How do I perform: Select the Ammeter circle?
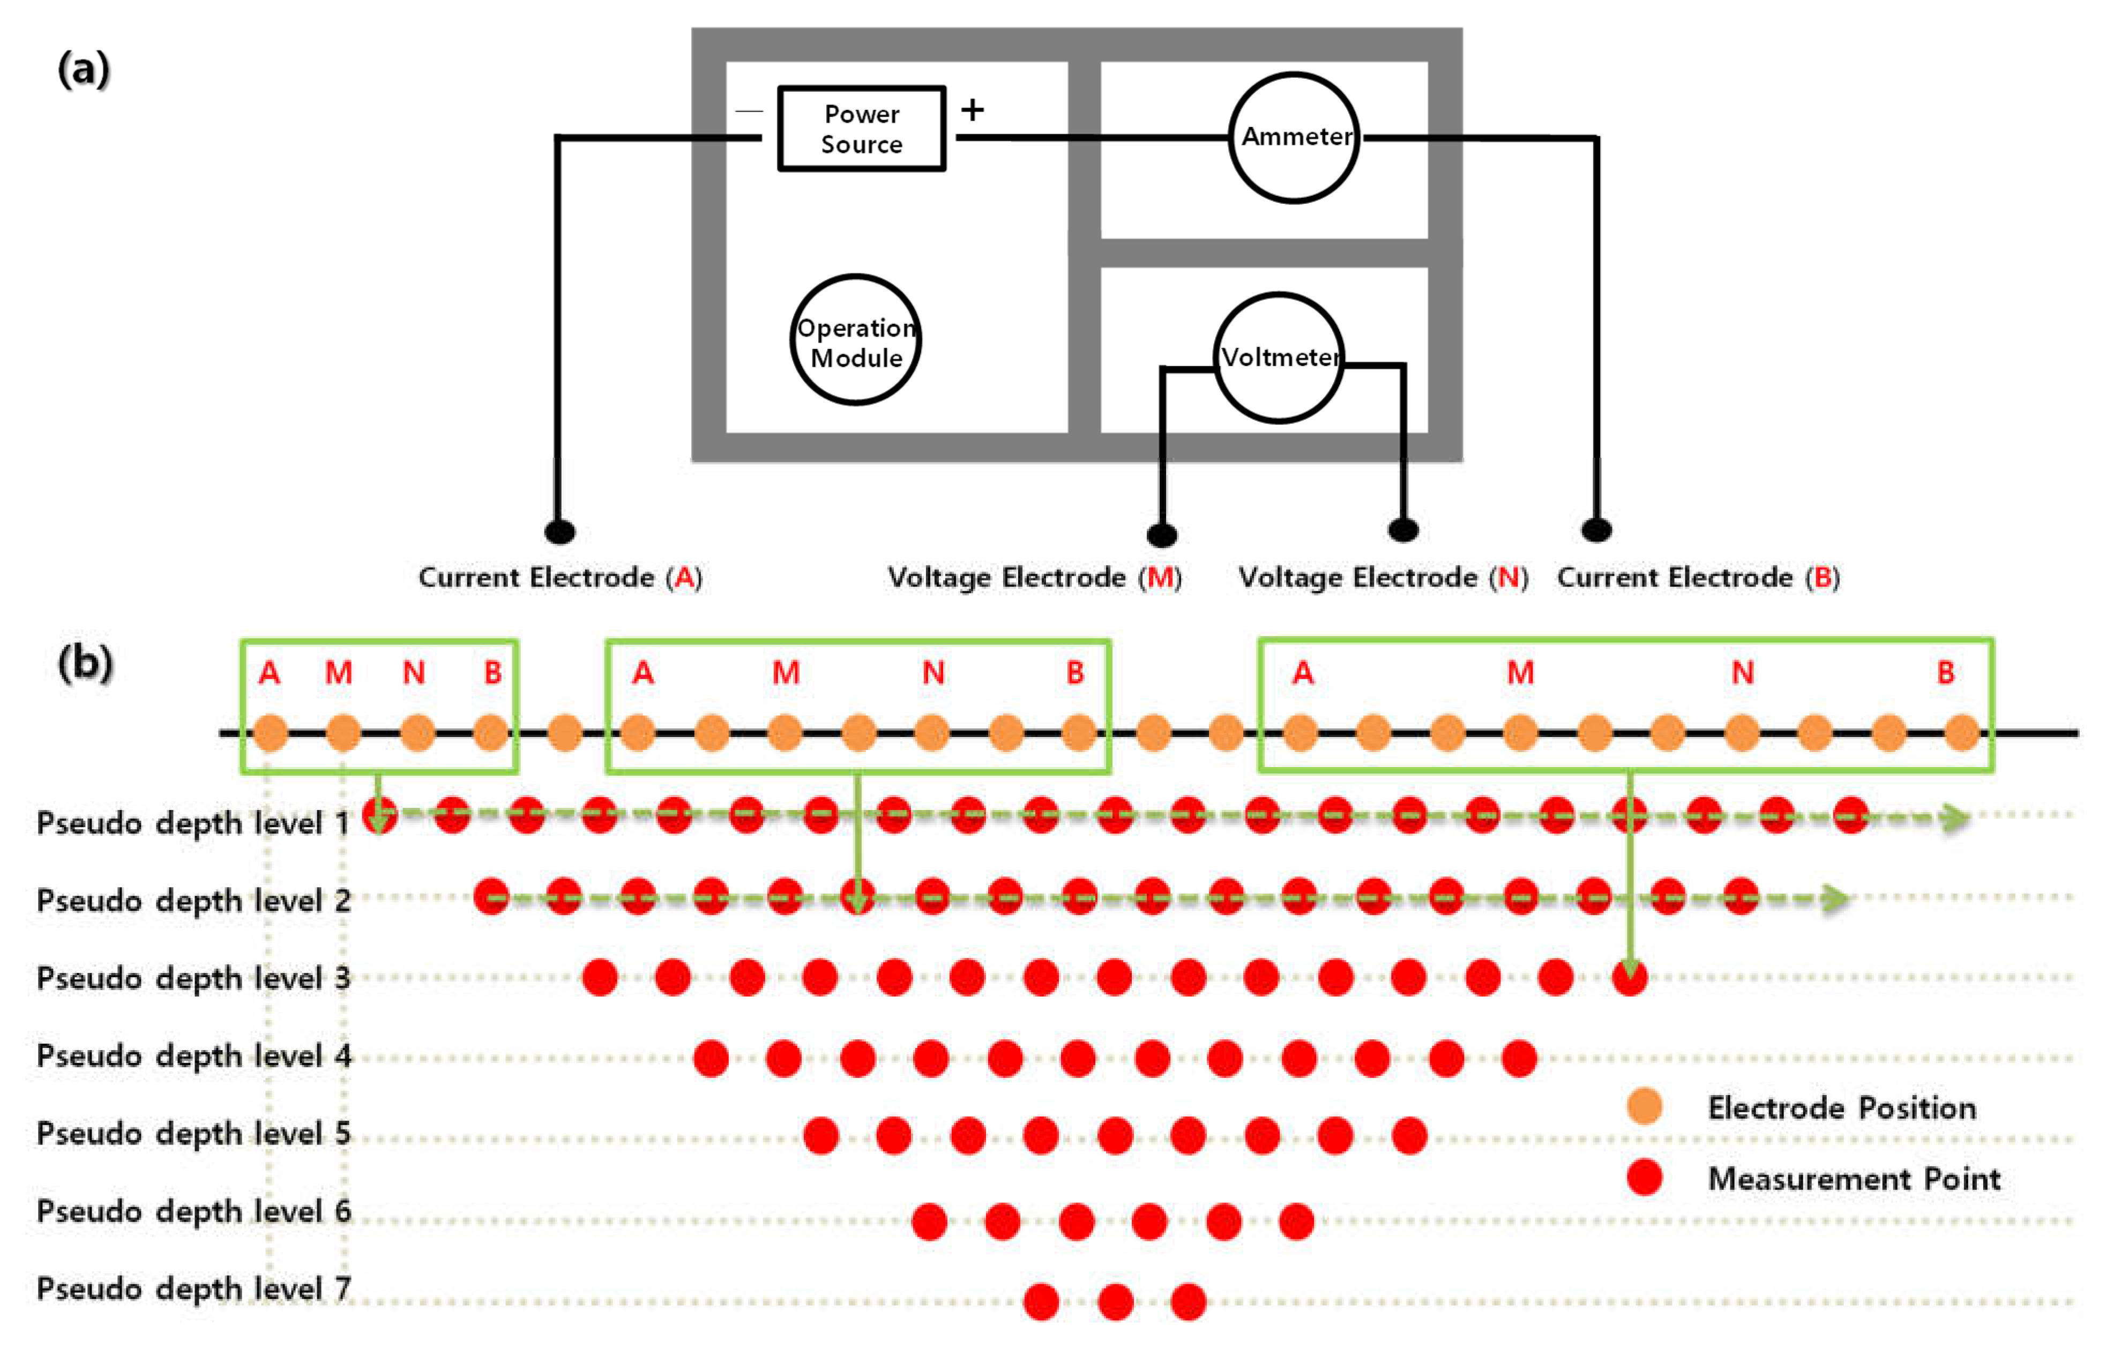pyautogui.click(x=1294, y=137)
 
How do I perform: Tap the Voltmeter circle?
pyautogui.click(x=1279, y=358)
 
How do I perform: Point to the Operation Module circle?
pyautogui.click(x=855, y=340)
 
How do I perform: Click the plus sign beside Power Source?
pyautogui.click(x=972, y=110)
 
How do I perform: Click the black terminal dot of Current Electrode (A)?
pyautogui.click(x=560, y=531)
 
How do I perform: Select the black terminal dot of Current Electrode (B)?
pyautogui.click(x=1596, y=529)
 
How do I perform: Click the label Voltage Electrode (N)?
pyautogui.click(x=1383, y=578)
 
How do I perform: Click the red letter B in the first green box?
pyautogui.click(x=492, y=673)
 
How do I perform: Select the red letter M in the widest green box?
pyautogui.click(x=1520, y=673)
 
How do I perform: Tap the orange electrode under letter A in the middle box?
pyautogui.click(x=638, y=732)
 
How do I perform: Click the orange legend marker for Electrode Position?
pyautogui.click(x=1644, y=1106)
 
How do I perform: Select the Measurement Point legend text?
pyautogui.click(x=1854, y=1179)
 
